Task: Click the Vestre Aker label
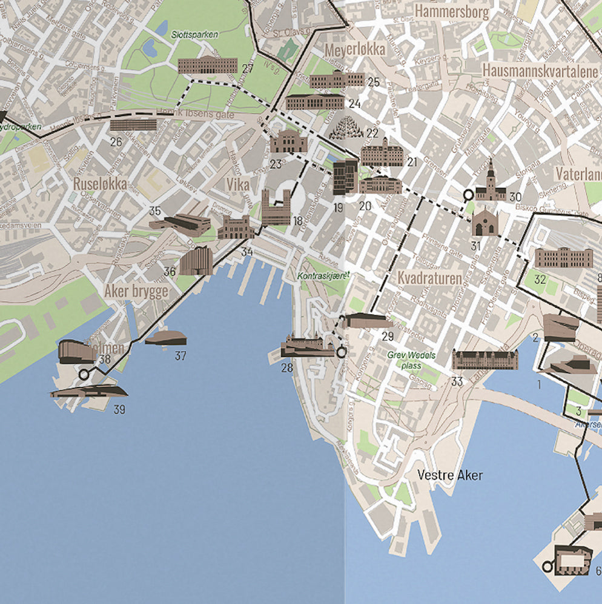450,475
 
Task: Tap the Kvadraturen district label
429,278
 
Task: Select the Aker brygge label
136,292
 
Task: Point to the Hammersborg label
452,11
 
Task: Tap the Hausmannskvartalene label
540,71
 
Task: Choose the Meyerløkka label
355,50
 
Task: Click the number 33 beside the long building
458,381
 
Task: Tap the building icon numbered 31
485,223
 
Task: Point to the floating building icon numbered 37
166,338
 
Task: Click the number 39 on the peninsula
119,409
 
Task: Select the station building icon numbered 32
563,258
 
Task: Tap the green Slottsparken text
194,35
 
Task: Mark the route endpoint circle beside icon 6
547,566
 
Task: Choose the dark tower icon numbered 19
345,176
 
